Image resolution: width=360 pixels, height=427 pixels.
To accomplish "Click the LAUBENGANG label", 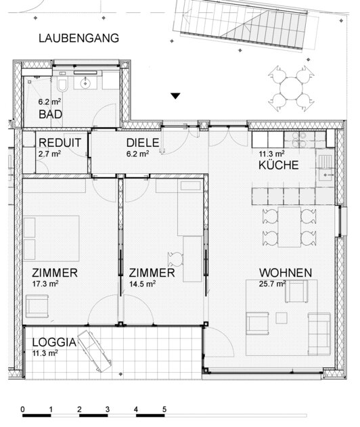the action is pos(78,38).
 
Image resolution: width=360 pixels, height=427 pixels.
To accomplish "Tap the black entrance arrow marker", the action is pos(175,96).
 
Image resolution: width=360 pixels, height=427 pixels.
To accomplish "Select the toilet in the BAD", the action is pos(62,85).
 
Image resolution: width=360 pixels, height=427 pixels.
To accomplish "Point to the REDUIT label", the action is pos(60,143).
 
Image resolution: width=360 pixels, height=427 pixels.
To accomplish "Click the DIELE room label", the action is pos(143,143).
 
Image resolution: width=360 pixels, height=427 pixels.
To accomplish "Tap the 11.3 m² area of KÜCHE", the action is pos(271,154).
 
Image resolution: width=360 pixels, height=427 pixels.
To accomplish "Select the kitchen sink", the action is pos(326,175).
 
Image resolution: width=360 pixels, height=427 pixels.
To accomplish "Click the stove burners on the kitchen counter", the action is pos(299,139).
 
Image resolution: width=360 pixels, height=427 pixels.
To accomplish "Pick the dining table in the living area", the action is pos(289,227).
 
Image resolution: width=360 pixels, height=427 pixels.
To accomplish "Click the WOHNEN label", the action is pos(286,273).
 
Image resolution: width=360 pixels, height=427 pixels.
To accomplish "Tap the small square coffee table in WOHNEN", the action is pos(282,318).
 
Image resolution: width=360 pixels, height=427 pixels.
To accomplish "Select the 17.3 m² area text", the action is pos(45,284).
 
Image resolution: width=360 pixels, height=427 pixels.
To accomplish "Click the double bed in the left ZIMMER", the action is pos(51,238).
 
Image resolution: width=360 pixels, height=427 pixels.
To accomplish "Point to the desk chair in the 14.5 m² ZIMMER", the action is pos(176,260).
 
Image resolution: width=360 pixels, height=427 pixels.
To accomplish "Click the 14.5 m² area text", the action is pos(142,284).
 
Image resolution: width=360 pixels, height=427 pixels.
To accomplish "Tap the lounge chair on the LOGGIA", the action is pos(95,351).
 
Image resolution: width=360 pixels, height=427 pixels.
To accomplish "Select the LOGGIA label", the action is pos(54,342).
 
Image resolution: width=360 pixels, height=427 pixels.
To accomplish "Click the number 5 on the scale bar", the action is pos(164,409).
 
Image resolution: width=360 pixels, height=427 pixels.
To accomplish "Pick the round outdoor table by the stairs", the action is pos(291,89).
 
